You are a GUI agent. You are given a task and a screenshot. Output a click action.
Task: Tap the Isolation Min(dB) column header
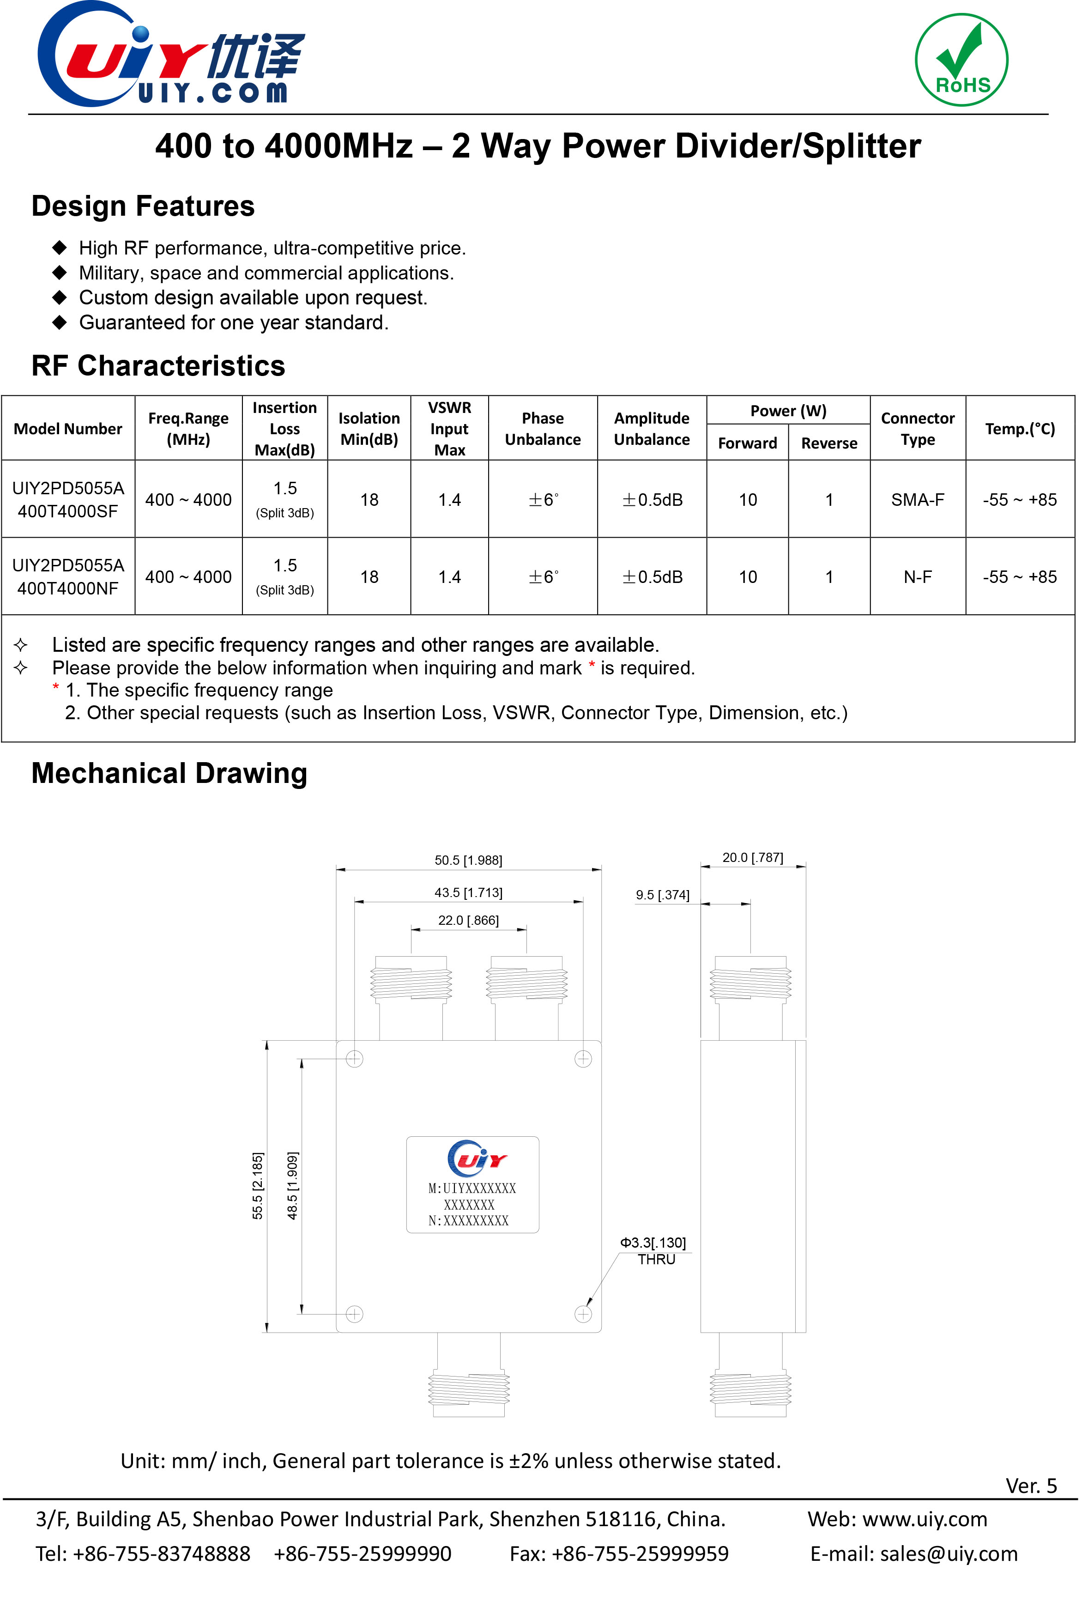coord(369,429)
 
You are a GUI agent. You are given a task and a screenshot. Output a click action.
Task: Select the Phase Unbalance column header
coord(542,429)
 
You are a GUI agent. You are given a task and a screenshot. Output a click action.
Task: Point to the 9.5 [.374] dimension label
coord(662,895)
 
